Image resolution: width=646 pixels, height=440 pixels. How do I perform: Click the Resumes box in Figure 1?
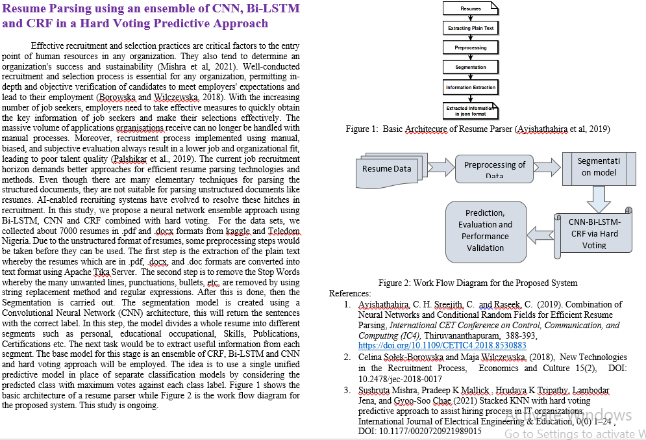click(x=471, y=8)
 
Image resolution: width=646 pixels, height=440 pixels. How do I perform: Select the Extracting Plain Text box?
click(x=471, y=28)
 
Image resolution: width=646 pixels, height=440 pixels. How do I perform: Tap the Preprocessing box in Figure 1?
click(x=471, y=47)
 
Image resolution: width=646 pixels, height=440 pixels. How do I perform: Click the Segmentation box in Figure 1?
click(x=471, y=67)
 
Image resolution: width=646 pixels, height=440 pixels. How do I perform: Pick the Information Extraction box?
click(x=471, y=87)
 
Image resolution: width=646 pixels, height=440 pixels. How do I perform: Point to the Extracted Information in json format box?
click(x=471, y=110)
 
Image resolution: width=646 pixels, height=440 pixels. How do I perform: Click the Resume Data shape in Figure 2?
click(x=387, y=169)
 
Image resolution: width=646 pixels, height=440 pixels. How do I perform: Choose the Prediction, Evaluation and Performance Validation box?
click(x=485, y=230)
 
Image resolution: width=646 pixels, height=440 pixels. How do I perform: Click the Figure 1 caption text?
click(x=477, y=129)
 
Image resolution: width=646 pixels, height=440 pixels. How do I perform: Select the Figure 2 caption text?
click(x=477, y=283)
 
